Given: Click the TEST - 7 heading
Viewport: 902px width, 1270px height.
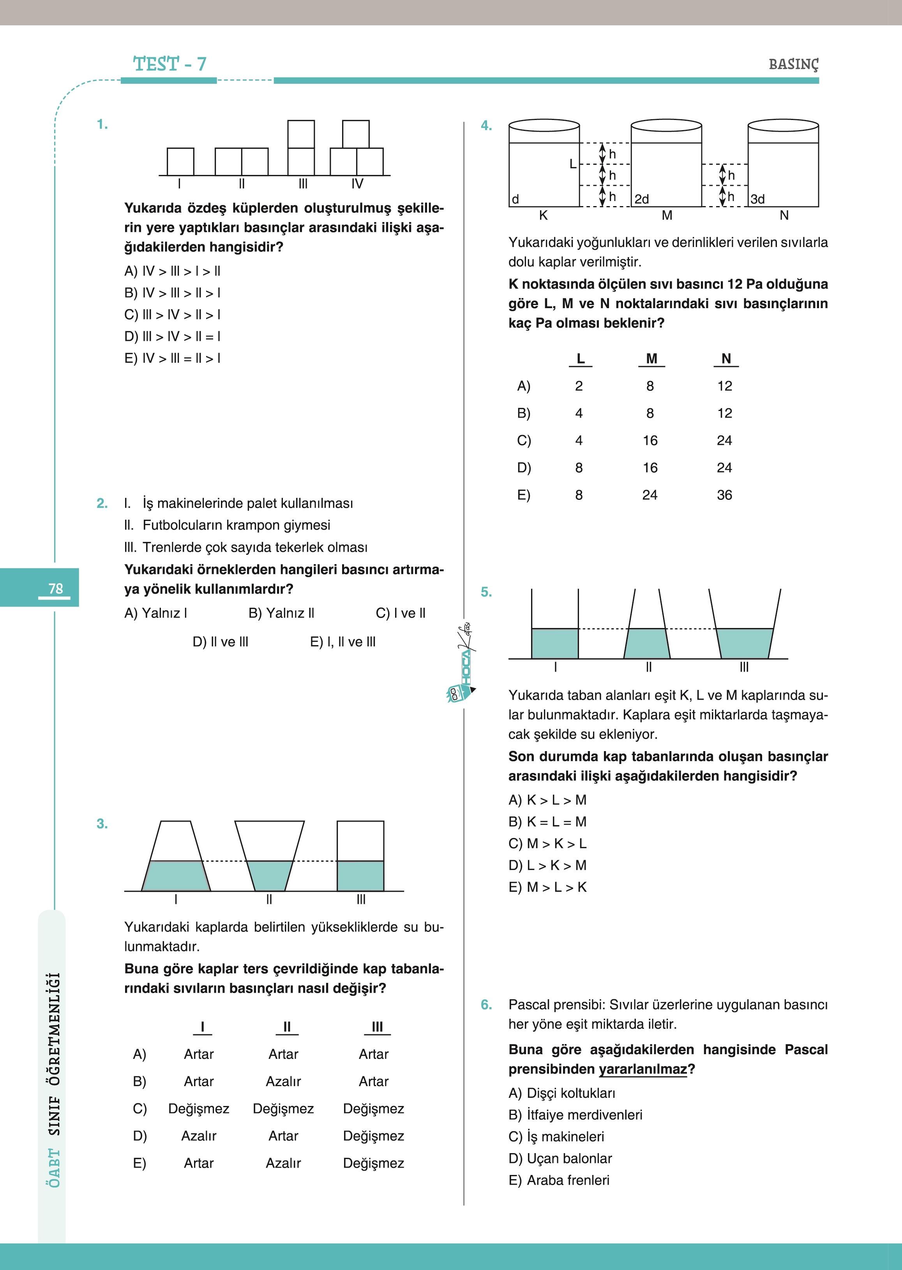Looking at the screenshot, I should [169, 64].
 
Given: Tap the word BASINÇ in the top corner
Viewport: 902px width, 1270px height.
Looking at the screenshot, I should [793, 64].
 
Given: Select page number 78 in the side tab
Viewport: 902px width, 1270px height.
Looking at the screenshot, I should [56, 589].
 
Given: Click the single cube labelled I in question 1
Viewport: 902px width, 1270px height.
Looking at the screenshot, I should [180, 162].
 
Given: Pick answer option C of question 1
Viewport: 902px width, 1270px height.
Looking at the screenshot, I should [172, 315].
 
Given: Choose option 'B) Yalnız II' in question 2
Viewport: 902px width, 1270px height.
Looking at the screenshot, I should [281, 613].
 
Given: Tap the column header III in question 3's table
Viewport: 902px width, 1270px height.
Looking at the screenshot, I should [377, 1027].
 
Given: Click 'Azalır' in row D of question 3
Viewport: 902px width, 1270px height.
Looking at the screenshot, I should [198, 1136].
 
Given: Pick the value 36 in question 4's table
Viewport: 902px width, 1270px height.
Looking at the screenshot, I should [724, 495].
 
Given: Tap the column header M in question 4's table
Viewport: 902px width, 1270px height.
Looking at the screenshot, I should [651, 359].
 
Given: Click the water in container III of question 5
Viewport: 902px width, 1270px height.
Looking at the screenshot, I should [744, 643].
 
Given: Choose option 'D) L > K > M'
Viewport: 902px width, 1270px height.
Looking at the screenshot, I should [547, 865].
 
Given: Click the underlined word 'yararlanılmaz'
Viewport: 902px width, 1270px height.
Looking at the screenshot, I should [643, 1069].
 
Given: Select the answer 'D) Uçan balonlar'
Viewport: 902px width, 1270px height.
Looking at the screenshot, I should [560, 1158].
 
